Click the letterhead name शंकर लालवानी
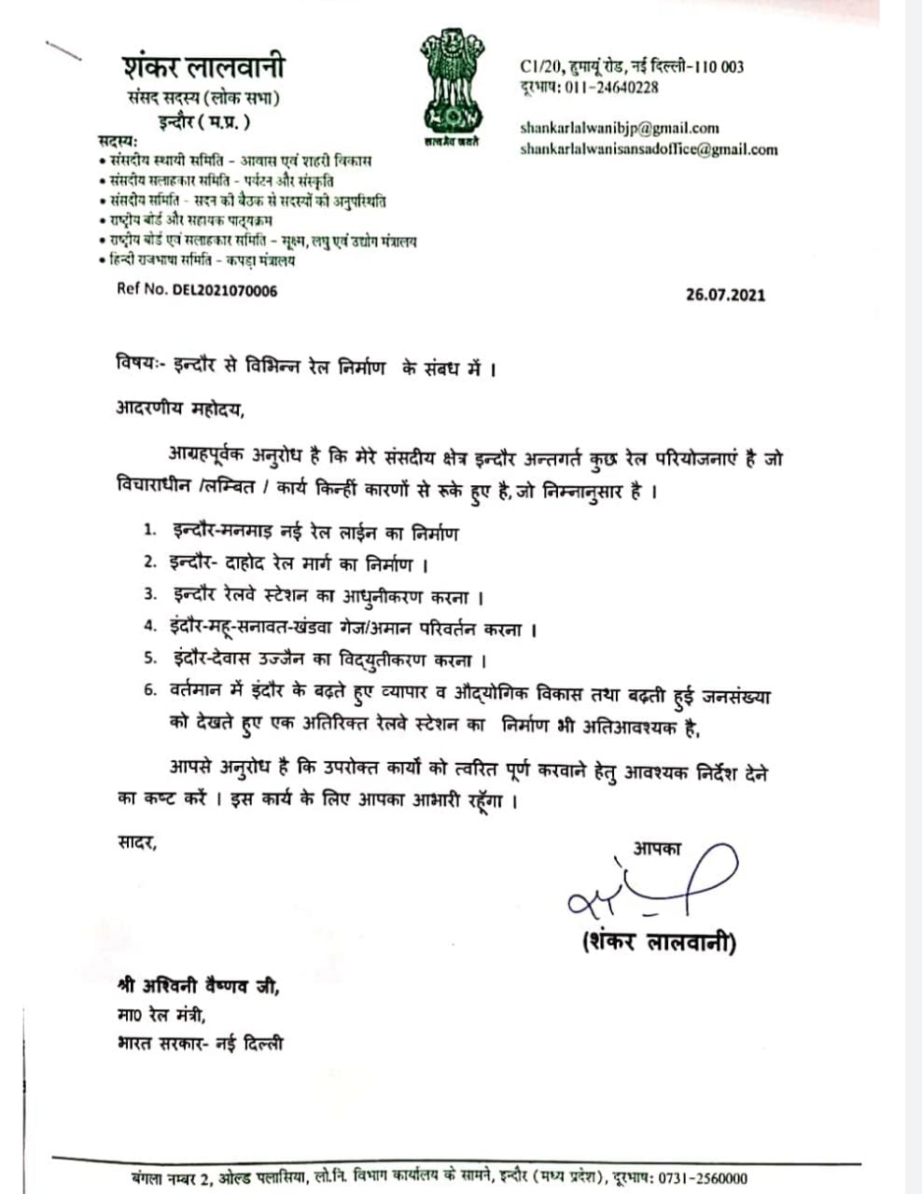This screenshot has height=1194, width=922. pos(203,68)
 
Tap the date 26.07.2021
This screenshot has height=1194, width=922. pos(725,295)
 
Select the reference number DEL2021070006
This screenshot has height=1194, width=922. pos(224,290)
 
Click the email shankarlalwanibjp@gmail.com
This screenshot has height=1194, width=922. pos(620,129)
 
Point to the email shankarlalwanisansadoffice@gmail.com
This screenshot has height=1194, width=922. pos(649,149)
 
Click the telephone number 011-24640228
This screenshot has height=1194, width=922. pos(608,88)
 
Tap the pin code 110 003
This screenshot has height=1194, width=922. pos(717,66)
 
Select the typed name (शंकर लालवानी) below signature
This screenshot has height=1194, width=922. pos(658,942)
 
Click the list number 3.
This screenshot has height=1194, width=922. pos(148,595)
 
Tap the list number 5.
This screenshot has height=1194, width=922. pos(148,659)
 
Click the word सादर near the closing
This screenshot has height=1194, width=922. pos(136,843)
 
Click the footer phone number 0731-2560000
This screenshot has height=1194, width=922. pos(701,1178)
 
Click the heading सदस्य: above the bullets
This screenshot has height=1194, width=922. pos(118,141)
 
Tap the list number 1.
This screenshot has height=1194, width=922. pos(148,532)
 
